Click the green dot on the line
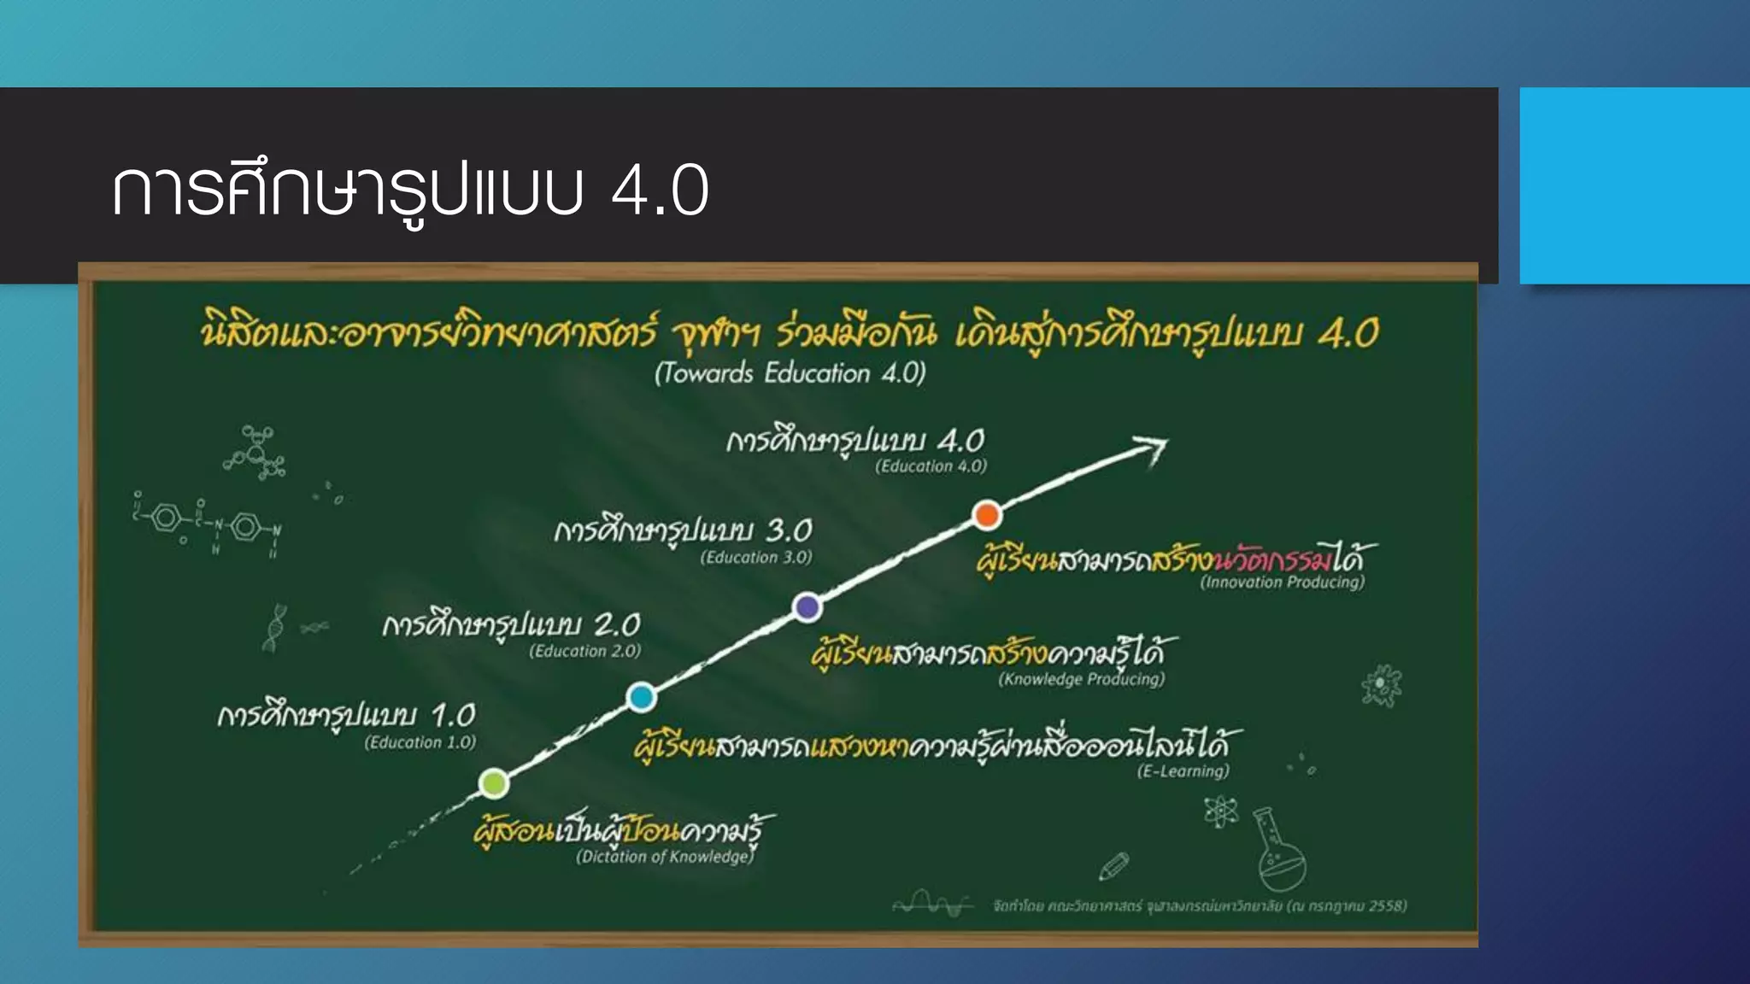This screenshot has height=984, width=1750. (494, 782)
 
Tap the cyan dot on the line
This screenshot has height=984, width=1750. (641, 697)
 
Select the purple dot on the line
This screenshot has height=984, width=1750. (807, 607)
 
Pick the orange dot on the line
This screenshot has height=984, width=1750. (987, 515)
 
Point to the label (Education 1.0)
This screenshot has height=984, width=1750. (420, 742)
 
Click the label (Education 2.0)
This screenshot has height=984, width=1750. (584, 651)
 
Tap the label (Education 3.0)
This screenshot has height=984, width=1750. (756, 558)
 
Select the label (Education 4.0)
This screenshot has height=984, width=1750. (931, 466)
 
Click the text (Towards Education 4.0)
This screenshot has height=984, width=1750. (790, 373)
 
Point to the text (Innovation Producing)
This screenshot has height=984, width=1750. (1282, 583)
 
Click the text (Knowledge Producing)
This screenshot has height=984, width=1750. (1081, 679)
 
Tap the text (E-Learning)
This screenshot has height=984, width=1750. (1183, 771)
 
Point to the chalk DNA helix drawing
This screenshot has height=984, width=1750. (274, 628)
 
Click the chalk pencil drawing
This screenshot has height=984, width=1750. (1113, 866)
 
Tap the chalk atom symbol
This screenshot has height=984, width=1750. (1221, 811)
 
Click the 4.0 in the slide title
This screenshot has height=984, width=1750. (660, 190)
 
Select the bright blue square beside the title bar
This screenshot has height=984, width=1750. (1634, 185)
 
